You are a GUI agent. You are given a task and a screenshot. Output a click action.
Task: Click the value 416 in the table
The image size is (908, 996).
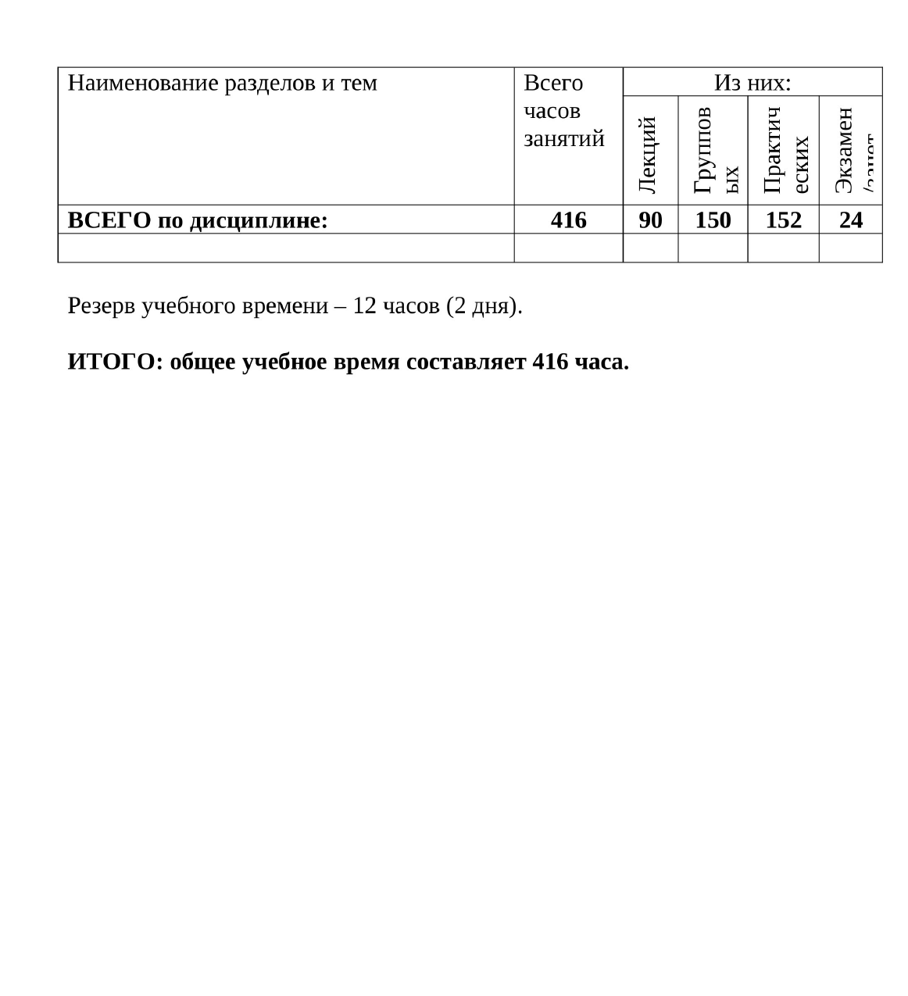click(x=568, y=220)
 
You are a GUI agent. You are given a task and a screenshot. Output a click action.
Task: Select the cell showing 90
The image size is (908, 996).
click(x=650, y=220)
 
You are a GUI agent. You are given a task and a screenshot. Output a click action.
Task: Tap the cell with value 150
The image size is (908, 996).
click(x=713, y=220)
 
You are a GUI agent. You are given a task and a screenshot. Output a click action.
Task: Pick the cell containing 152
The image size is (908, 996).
click(x=783, y=220)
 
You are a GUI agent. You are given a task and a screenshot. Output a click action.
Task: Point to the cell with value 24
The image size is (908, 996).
click(x=850, y=220)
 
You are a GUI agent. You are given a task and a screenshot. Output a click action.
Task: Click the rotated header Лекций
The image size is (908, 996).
click(x=647, y=155)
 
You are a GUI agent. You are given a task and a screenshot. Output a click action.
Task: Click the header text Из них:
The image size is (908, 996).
click(x=752, y=83)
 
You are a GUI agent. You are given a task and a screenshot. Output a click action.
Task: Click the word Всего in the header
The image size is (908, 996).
click(x=553, y=83)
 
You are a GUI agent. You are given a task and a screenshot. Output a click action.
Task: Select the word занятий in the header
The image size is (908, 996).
click(x=564, y=139)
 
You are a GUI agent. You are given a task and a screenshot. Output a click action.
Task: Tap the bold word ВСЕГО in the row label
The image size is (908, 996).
click(x=109, y=221)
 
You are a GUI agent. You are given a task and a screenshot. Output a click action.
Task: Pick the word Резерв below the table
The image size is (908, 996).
click(x=102, y=306)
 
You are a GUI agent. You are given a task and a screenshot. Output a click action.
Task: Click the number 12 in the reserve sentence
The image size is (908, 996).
click(x=364, y=305)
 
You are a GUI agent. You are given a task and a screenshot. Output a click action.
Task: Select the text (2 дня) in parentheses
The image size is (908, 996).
click(x=481, y=306)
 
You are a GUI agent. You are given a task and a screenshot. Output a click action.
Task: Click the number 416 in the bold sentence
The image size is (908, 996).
click(x=550, y=362)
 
